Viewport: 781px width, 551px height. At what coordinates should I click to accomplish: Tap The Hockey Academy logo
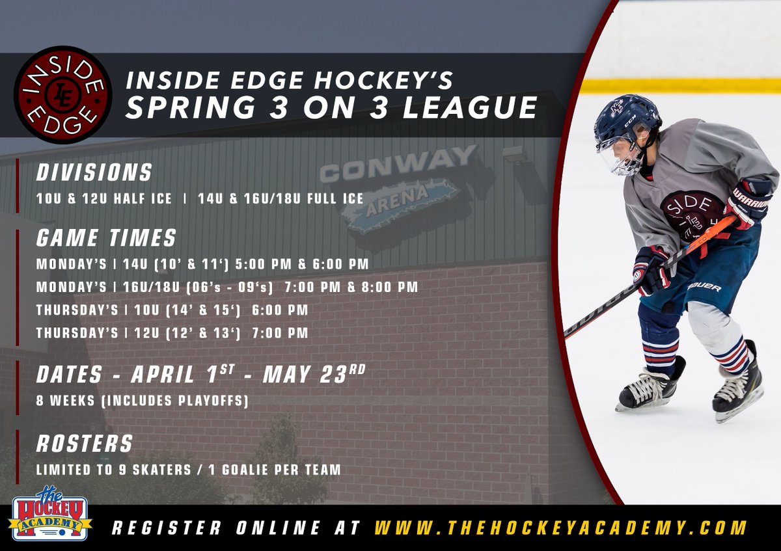click(x=49, y=514)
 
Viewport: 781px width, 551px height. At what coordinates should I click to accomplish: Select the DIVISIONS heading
click(x=94, y=172)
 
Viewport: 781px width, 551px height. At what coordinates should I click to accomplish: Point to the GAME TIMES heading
click(x=106, y=238)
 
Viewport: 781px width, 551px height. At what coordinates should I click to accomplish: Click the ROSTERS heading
click(x=84, y=444)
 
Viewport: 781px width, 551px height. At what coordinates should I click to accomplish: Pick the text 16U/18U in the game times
click(x=152, y=287)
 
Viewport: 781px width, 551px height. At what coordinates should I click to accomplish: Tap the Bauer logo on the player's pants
click(x=705, y=287)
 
